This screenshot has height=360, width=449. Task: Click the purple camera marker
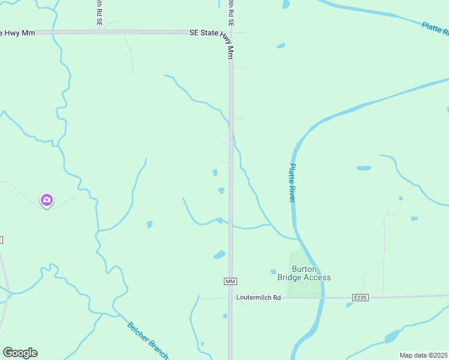(47, 200)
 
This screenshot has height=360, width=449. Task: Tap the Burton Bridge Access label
(304, 274)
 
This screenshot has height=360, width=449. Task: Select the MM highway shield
(231, 281)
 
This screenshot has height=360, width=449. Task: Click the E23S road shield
(360, 298)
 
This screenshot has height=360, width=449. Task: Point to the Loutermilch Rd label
(259, 298)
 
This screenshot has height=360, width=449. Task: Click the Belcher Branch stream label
(147, 339)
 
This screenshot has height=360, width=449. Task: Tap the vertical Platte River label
(292, 182)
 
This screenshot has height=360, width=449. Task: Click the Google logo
(20, 353)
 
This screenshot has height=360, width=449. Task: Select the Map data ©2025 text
(423, 355)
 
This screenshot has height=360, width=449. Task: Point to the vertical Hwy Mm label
(230, 47)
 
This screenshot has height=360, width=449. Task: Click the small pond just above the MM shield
(219, 255)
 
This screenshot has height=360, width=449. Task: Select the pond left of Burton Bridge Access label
(273, 272)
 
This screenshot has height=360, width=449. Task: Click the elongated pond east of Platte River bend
(364, 168)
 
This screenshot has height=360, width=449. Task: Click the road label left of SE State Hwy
(99, 12)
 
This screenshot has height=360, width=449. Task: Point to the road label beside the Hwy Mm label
(231, 12)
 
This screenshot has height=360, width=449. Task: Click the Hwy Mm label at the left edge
(18, 33)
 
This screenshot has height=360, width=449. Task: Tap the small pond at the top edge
(286, 4)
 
